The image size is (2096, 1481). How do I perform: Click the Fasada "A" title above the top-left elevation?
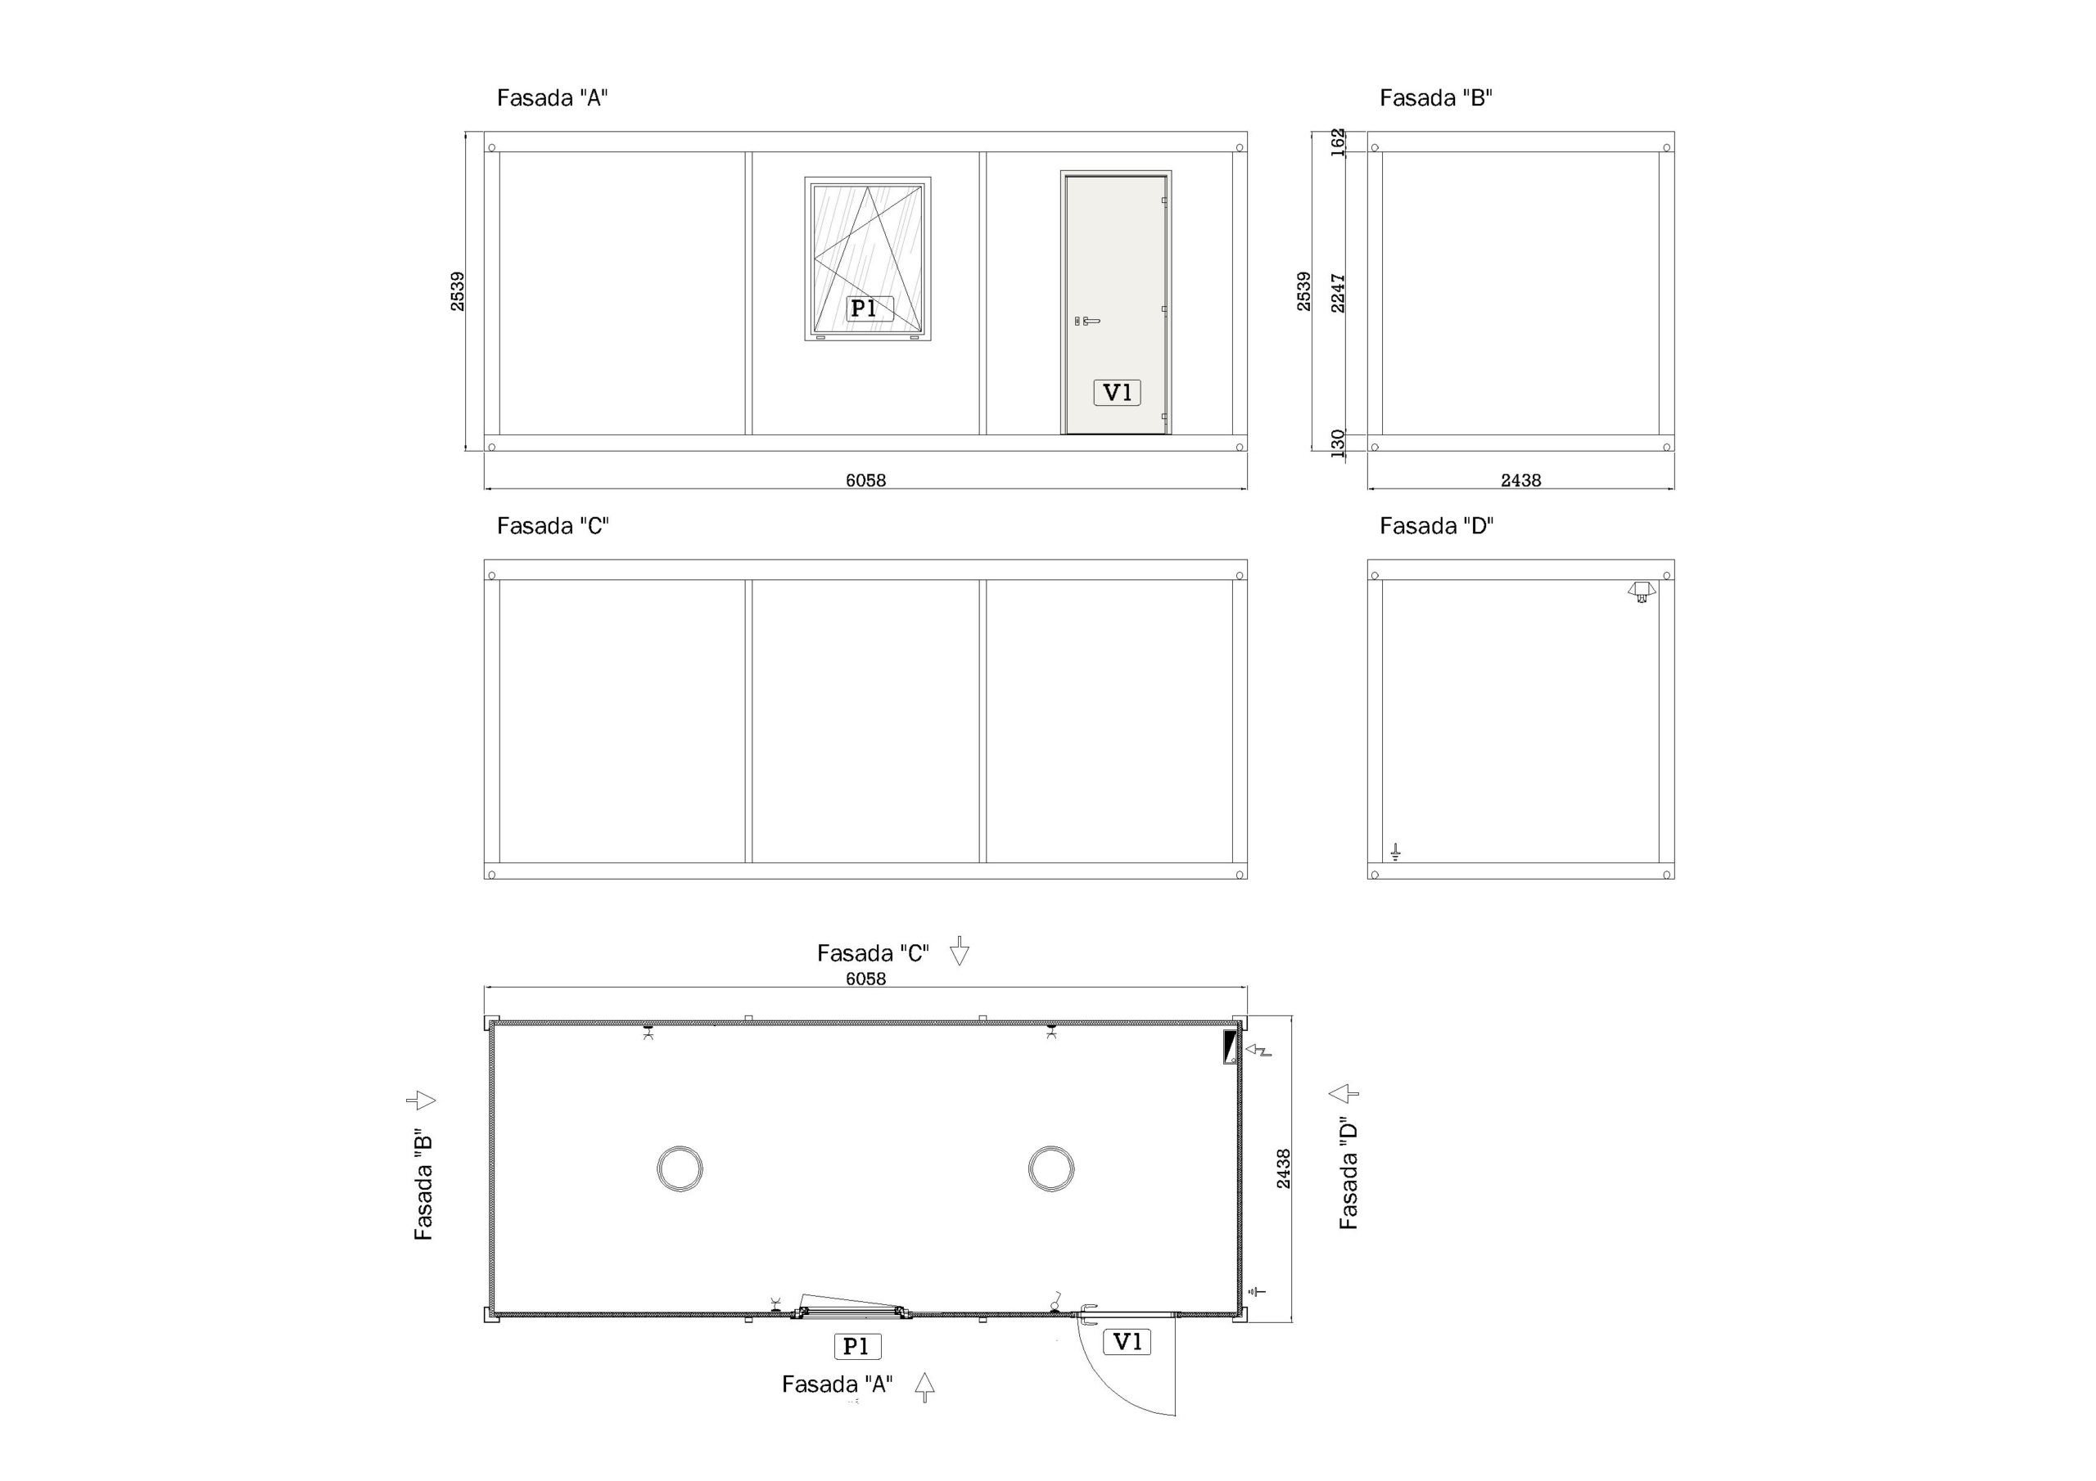pos(553,97)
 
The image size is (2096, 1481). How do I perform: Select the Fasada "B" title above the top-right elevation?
pos(1436,97)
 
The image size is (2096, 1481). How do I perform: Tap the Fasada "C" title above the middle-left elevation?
pos(553,525)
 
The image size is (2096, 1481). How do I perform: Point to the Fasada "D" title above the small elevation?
pos(1436,525)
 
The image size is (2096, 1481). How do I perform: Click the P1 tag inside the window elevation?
pos(864,308)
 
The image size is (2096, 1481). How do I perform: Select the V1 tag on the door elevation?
pos(1118,393)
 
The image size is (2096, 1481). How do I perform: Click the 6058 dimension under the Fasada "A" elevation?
pos(865,480)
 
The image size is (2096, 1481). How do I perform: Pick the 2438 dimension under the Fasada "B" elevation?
pos(1521,480)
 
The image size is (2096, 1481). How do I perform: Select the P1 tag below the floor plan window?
pos(856,1346)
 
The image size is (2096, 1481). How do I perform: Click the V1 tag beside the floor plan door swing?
pos(1127,1341)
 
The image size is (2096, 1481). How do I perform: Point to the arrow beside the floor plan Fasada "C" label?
pos(959,951)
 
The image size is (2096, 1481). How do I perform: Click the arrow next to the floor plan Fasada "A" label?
pos(924,1387)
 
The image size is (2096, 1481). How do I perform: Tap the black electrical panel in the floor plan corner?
pos(1230,1047)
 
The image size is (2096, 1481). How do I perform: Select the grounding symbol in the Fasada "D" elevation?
pos(1395,853)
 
